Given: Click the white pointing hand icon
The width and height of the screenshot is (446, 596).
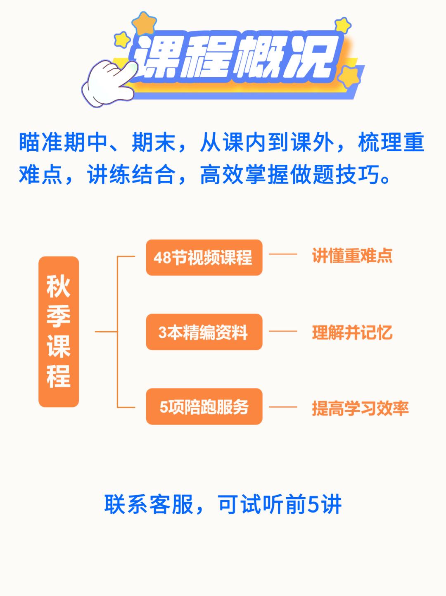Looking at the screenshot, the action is click(108, 83).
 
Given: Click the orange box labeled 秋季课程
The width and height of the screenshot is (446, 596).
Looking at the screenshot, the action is click(59, 332).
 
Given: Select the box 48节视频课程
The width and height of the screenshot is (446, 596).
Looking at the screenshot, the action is click(204, 257).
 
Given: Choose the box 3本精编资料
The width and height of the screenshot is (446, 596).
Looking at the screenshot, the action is click(204, 332).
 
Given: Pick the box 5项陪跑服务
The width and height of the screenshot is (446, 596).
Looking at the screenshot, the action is click(204, 407).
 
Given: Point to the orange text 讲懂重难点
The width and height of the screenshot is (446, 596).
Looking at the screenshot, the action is click(352, 256).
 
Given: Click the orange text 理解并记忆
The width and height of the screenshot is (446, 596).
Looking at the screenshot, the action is click(352, 332).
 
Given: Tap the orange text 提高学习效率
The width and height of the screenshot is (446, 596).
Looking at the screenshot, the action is click(360, 408).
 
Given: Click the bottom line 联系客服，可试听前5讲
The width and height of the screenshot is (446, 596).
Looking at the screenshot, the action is click(223, 504).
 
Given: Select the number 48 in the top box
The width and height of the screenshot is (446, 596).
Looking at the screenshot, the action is click(163, 258).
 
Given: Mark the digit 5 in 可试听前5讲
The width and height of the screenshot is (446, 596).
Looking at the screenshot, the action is click(314, 505).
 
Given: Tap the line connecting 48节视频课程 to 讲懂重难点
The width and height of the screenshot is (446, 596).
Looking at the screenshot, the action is click(283, 254).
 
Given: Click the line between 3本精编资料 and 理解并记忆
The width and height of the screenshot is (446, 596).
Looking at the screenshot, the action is click(283, 331).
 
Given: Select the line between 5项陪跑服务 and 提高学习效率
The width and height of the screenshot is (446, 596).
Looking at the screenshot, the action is click(283, 407).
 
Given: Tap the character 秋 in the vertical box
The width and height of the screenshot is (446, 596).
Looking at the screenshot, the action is click(59, 286).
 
